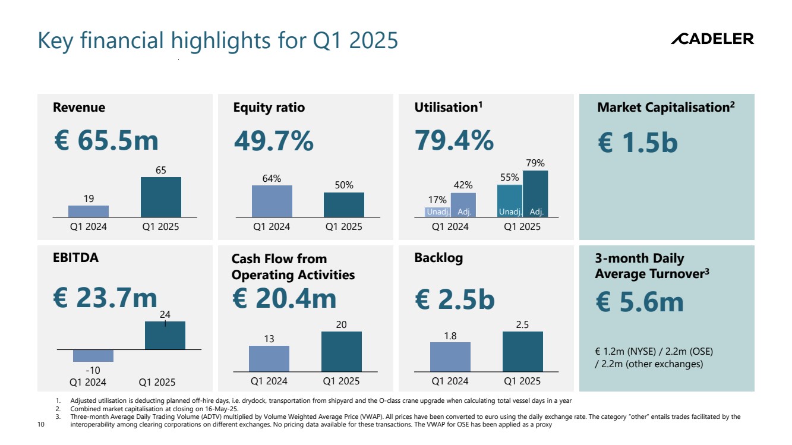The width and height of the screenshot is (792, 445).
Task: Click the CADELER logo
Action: [x=712, y=39]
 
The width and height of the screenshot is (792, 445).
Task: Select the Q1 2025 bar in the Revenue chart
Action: [x=160, y=197]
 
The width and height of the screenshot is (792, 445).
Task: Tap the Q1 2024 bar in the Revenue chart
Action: [x=89, y=211]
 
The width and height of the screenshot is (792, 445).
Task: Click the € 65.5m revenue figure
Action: [x=106, y=141]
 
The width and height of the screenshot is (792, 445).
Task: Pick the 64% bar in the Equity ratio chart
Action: [x=272, y=201]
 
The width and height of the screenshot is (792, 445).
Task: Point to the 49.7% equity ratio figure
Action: [x=273, y=141]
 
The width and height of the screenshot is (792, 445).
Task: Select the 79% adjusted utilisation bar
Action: [x=535, y=194]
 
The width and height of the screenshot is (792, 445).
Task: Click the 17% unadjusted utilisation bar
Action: [x=437, y=212]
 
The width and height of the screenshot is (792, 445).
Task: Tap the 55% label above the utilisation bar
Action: [x=509, y=177]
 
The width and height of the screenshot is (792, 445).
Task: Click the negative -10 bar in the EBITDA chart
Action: [x=93, y=355]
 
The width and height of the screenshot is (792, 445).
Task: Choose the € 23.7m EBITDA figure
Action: [x=106, y=298]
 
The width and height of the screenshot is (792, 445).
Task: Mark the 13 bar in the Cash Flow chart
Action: [x=269, y=358]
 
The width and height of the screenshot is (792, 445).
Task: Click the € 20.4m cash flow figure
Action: [x=284, y=298]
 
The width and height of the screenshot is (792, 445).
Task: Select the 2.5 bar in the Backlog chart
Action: [x=522, y=351]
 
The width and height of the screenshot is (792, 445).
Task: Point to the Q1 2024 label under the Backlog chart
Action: [x=450, y=381]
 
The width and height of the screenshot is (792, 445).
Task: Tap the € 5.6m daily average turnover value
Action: [x=639, y=302]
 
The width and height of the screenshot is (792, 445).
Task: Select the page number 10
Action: [x=41, y=425]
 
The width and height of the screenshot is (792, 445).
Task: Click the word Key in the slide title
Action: [x=56, y=40]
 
